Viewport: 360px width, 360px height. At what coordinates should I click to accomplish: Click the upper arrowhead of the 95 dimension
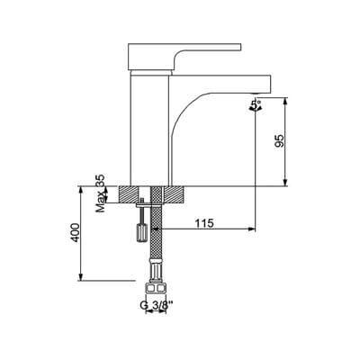[x=287, y=102]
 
